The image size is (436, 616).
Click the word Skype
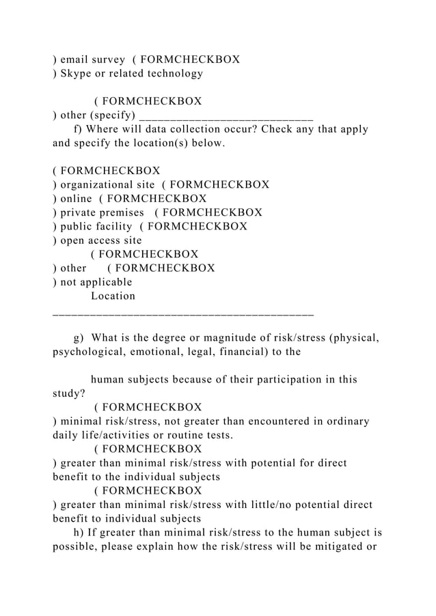79,73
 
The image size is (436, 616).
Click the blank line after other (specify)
226,115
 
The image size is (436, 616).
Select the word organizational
102,184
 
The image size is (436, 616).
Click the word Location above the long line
113,296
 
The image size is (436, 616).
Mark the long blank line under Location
183,313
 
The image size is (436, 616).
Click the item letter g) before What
78,338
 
